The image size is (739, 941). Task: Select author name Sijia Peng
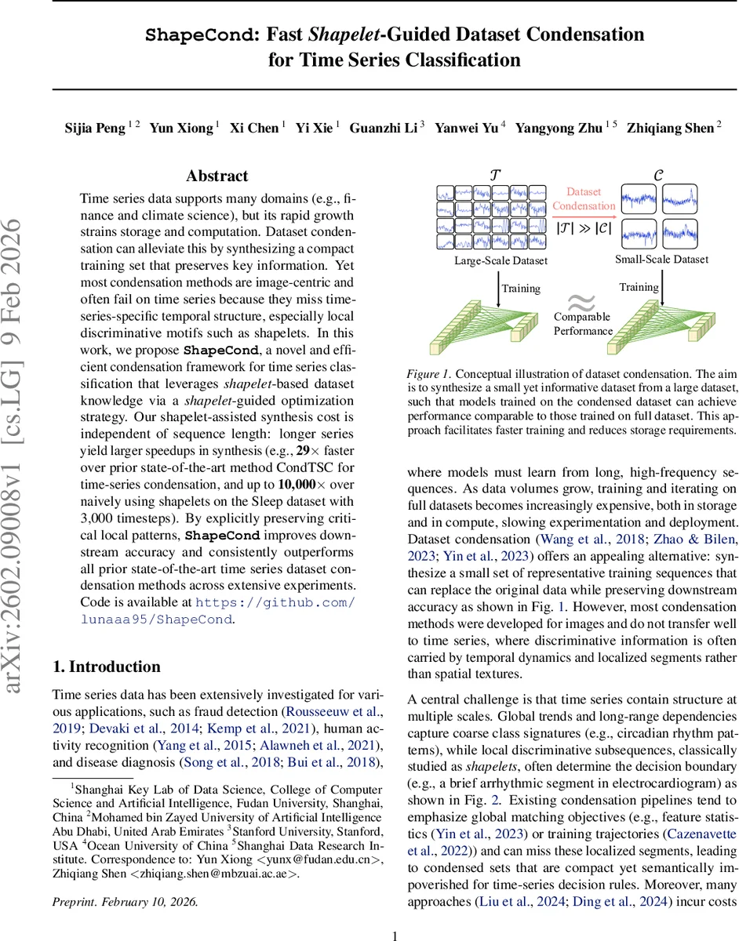[95, 129]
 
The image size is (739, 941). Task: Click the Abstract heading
[217, 176]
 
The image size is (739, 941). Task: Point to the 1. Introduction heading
[106, 667]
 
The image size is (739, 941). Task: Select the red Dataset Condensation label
[584, 199]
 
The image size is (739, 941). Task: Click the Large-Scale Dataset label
[501, 260]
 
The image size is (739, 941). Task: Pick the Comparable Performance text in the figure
[582, 324]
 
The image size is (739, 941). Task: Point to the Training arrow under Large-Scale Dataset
[500, 289]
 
